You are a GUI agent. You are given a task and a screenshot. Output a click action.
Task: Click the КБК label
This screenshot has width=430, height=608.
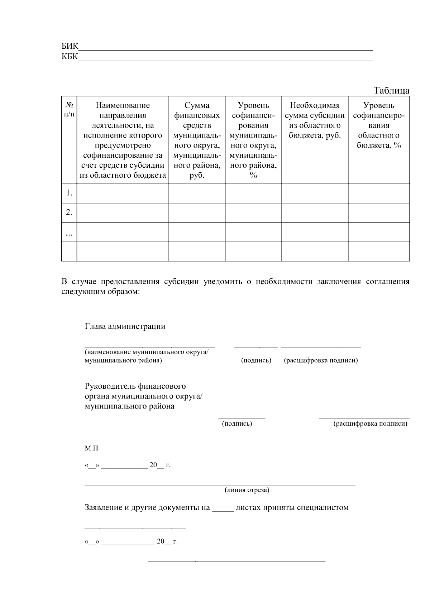point(70,57)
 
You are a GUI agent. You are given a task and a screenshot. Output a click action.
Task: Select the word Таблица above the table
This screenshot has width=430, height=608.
point(391,90)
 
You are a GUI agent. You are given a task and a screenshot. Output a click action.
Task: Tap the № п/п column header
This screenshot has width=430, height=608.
point(69,110)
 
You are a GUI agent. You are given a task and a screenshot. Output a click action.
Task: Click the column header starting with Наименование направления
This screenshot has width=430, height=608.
point(123,140)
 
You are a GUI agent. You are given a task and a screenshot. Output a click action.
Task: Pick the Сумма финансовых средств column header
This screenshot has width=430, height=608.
point(197,140)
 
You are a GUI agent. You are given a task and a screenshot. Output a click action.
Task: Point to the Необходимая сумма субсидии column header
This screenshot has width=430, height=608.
point(315,120)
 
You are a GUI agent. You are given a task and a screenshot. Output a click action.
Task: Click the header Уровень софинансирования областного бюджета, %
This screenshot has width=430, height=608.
point(379,125)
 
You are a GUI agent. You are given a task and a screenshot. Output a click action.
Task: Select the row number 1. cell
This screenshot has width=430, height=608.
point(69,193)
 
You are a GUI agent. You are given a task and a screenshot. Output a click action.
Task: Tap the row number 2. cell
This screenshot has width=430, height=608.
point(69,212)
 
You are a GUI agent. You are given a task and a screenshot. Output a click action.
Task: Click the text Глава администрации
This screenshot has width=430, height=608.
point(125,326)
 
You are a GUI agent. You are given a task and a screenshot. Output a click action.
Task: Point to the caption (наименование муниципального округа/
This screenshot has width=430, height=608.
point(146,352)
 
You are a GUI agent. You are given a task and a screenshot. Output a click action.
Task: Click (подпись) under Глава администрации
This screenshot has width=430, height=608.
point(256,360)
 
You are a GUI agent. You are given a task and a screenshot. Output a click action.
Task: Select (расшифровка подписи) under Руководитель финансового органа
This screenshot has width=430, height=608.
point(370,424)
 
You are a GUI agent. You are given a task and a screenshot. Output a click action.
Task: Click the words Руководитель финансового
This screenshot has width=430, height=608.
point(135,386)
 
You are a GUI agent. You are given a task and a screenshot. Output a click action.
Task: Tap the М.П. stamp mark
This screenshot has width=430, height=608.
point(92,448)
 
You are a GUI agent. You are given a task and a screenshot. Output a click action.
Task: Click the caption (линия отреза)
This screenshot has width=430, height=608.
point(247,490)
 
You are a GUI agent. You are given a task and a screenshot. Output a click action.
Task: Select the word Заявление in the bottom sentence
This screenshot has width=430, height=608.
point(104,508)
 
